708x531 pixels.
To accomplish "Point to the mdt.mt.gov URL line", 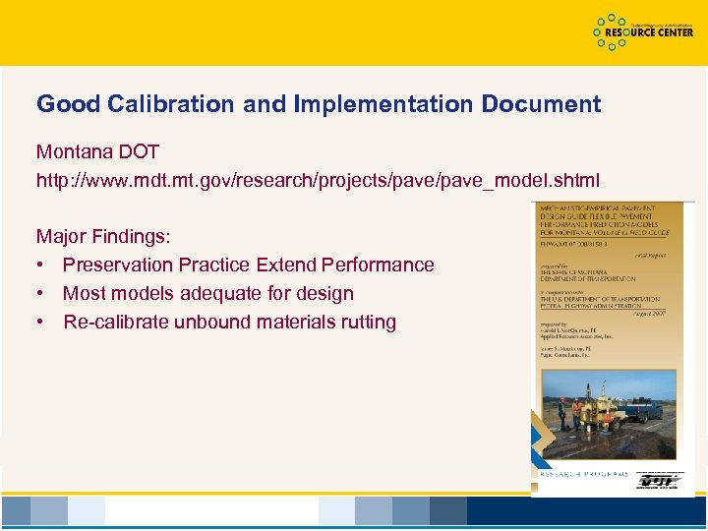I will coord(318,181).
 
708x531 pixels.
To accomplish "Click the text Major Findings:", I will coord(103,237).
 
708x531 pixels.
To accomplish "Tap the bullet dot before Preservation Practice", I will coord(41,265).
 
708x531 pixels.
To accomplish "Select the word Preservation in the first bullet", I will coord(117,265).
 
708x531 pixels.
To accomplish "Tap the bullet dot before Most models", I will coord(41,294).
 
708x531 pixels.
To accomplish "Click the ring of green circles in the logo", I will coord(612,32).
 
